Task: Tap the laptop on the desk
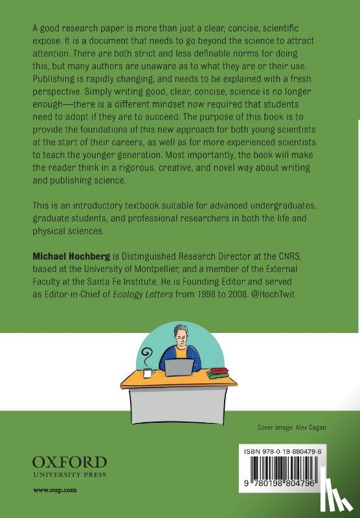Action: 180,368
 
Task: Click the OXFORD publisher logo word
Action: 69,462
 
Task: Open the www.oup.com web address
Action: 55,490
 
